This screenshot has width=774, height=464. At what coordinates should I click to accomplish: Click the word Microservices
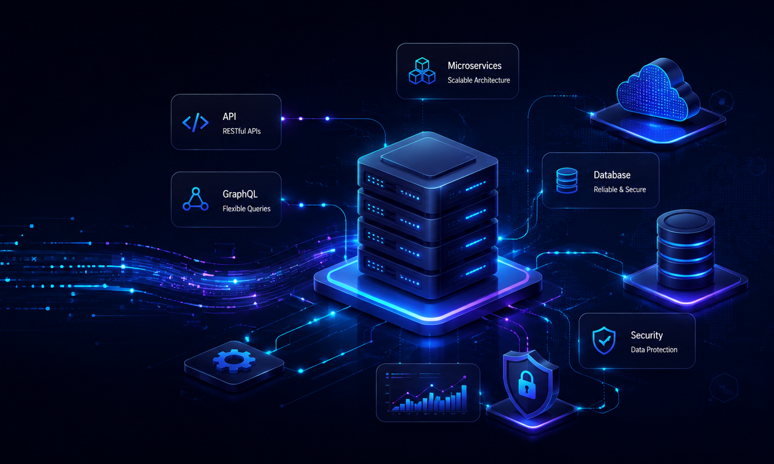click(475, 66)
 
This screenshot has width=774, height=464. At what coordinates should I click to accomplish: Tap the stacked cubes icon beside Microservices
click(422, 71)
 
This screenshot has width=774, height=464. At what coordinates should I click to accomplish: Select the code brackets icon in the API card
click(195, 122)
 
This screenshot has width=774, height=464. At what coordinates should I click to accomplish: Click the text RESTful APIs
click(242, 131)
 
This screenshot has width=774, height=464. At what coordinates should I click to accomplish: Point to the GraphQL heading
click(240, 194)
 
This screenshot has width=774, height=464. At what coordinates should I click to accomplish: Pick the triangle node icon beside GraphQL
click(195, 199)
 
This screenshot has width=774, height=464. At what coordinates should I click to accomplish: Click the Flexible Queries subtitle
click(246, 208)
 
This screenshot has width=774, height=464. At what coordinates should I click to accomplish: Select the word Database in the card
click(612, 175)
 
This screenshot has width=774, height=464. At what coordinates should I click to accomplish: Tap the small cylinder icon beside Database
click(567, 180)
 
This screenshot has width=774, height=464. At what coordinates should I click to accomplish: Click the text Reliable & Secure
click(620, 190)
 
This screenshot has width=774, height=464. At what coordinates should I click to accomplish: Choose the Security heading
click(647, 335)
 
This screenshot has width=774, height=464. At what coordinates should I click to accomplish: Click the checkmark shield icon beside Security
click(604, 341)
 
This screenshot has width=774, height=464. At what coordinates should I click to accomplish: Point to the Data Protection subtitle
click(654, 350)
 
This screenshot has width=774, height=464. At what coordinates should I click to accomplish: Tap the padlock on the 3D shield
click(527, 384)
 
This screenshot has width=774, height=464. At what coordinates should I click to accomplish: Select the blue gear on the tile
click(234, 361)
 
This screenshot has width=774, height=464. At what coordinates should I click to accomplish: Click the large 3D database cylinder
click(685, 249)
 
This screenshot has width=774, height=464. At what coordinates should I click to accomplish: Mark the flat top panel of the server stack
click(428, 157)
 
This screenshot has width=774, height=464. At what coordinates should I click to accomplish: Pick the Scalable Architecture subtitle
click(479, 80)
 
